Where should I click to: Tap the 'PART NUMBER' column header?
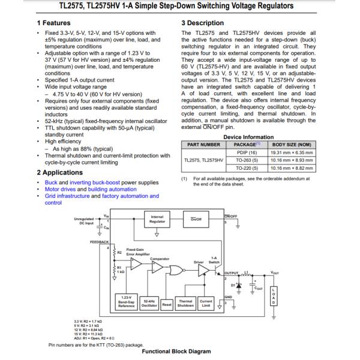[203, 144]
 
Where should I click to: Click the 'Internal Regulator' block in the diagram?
[157, 219]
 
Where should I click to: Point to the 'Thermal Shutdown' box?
[185, 302]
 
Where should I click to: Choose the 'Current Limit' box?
[206, 302]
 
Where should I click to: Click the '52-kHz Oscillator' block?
[150, 302]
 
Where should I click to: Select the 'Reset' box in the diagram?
[167, 304]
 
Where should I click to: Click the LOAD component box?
[274, 295]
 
